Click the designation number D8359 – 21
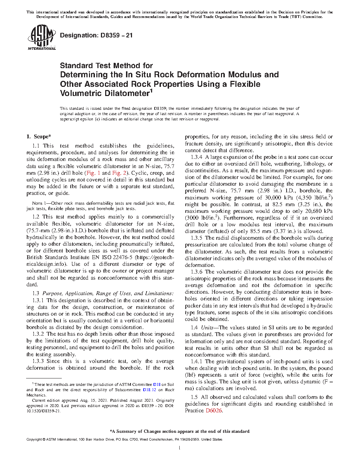(x=96, y=35)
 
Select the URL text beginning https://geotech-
(x=155, y=257)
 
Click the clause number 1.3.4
(x=196, y=157)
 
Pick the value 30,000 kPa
(x=278, y=198)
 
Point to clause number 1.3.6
(x=196, y=272)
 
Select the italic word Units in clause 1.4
(x=207, y=328)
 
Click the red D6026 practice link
(x=214, y=411)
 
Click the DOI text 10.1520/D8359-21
(x=43, y=411)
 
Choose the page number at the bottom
(x=180, y=448)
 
